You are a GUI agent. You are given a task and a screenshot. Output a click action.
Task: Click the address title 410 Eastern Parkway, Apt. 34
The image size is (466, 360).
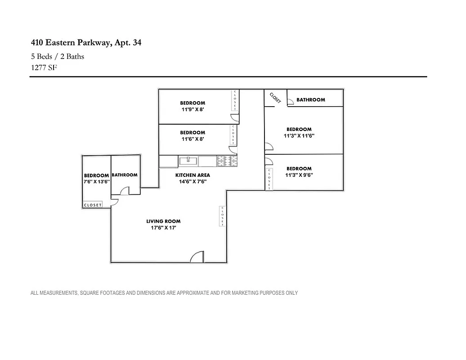[86, 43]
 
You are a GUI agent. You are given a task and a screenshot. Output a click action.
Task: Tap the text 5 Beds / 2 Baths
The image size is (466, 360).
[57, 56]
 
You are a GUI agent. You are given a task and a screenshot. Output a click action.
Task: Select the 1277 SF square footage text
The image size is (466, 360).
[44, 67]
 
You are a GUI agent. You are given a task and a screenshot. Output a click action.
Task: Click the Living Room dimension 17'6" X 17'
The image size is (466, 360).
[163, 228]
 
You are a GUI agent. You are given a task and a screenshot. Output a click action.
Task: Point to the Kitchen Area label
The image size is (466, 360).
[193, 175]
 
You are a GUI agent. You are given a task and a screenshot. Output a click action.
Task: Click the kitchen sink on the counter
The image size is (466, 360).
[188, 161]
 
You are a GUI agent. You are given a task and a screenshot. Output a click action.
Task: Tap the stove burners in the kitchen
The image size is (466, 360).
[227, 161]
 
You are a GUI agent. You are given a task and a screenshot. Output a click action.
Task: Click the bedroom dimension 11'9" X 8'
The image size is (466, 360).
[193, 109]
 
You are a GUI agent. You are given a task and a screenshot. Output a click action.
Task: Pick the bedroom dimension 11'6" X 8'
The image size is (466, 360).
[193, 139]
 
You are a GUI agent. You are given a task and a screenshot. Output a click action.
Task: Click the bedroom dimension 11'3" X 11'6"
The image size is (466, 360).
[299, 135]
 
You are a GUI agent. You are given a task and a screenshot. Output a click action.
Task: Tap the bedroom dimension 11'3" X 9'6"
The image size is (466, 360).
[299, 175]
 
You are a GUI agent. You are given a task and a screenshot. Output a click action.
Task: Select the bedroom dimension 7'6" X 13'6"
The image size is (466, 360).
[96, 182]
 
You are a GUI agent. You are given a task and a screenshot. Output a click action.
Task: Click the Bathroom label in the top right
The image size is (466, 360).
[310, 100]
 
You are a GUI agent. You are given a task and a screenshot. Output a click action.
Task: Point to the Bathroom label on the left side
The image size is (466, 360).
[124, 175]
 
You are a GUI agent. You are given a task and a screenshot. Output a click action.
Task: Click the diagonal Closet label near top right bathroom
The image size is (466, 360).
[275, 98]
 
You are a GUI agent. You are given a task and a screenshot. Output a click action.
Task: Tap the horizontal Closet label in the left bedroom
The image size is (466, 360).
[93, 205]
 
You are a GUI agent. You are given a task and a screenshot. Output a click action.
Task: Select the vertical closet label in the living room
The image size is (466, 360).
[222, 216]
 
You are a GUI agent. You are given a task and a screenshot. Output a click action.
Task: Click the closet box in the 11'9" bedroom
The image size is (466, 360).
[234, 100]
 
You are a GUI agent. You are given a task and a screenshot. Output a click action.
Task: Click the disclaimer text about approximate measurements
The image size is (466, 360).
[164, 293]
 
